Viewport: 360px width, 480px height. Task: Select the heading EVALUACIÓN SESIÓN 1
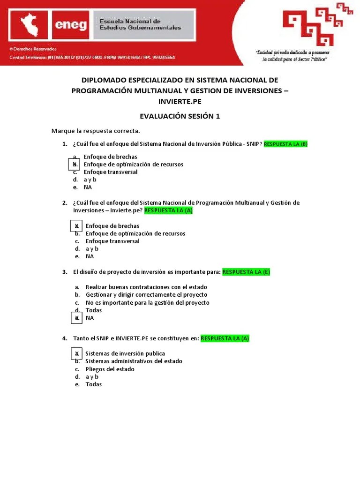point(180,116)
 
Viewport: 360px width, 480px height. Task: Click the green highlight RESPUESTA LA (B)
point(286,144)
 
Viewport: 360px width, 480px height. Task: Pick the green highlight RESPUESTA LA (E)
point(246,272)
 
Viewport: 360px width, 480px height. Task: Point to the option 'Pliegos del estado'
point(110,369)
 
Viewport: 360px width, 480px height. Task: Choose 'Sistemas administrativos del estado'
point(134,361)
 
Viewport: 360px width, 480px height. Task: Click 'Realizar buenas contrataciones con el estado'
point(146,287)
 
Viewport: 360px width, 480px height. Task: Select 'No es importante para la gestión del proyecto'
point(147,302)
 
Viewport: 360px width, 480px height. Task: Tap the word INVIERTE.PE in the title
point(180,102)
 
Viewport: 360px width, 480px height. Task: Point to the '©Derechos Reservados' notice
point(33,49)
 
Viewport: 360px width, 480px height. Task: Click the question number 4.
point(65,338)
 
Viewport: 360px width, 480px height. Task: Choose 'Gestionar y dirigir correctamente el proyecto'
point(146,295)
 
